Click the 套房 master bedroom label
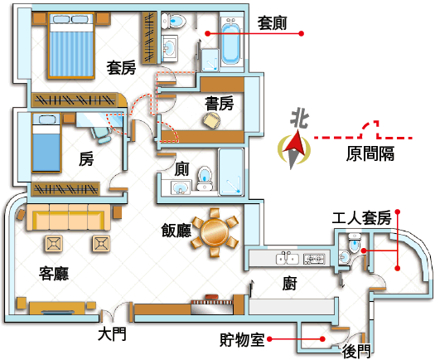(x=121, y=68)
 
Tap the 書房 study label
(x=220, y=104)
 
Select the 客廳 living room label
(x=54, y=274)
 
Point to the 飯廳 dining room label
(x=176, y=231)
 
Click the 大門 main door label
(x=112, y=334)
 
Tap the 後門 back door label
(x=356, y=352)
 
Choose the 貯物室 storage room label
(x=242, y=339)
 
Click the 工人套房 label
(x=361, y=218)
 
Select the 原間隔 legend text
(x=370, y=153)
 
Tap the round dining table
(x=215, y=232)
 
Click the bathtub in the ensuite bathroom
(x=230, y=41)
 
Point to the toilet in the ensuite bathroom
(x=174, y=21)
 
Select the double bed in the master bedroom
(x=71, y=46)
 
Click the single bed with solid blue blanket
(x=46, y=143)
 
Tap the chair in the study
(x=211, y=119)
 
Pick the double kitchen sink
(x=288, y=258)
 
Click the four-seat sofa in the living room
(x=69, y=217)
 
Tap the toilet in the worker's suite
(x=355, y=242)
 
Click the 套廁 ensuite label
(x=272, y=23)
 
